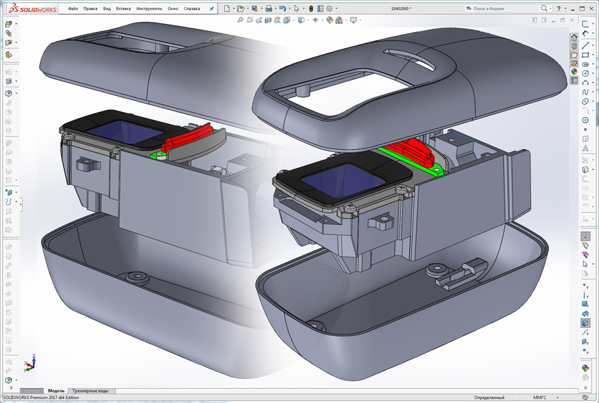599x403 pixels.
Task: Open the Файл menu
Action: point(73,9)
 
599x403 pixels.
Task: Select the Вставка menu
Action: point(123,9)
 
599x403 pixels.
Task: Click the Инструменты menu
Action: point(148,9)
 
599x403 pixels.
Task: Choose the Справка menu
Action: point(191,9)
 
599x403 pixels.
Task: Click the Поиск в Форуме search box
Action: point(502,9)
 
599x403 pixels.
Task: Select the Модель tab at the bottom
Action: point(57,391)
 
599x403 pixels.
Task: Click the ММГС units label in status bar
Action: point(540,398)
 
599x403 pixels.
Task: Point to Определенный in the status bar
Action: point(489,398)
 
